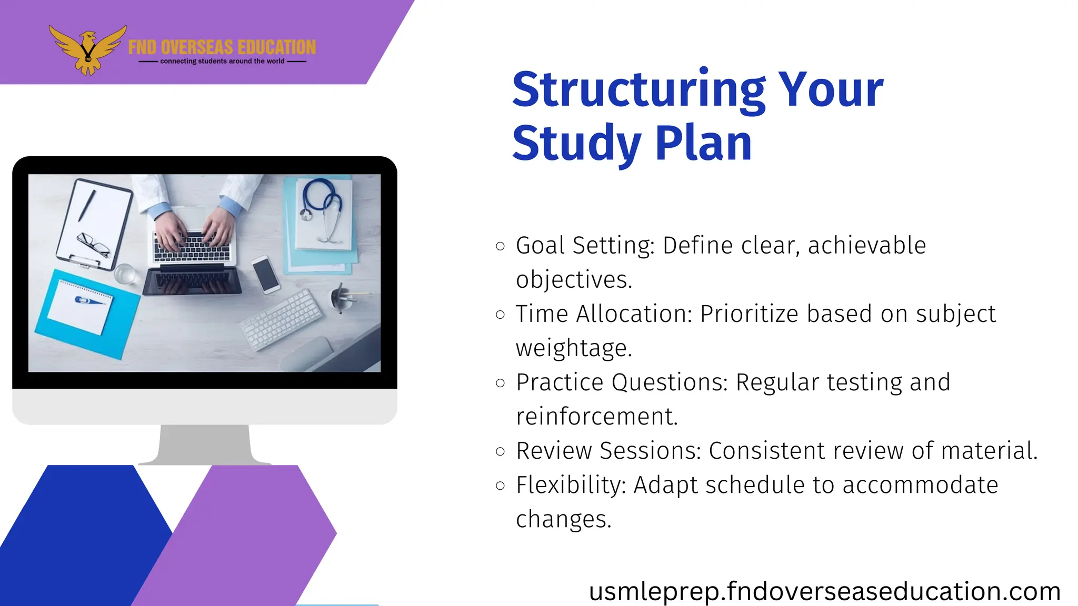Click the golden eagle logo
pyautogui.click(x=88, y=50)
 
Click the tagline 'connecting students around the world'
pyautogui.click(x=222, y=62)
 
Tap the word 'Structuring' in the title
pyautogui.click(x=638, y=90)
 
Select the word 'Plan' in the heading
pyautogui.click(x=703, y=143)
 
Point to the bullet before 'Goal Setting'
pyautogui.click(x=501, y=246)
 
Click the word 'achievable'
pyautogui.click(x=866, y=246)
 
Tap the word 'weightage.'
pyautogui.click(x=574, y=348)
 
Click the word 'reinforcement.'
pyautogui.click(x=597, y=417)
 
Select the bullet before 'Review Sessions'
pyautogui.click(x=501, y=451)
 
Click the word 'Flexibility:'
pyautogui.click(x=571, y=485)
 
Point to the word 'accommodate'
pyautogui.click(x=920, y=485)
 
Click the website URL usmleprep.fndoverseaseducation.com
pyautogui.click(x=824, y=591)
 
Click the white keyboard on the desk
pyautogui.click(x=281, y=320)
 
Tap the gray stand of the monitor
pyautogui.click(x=204, y=445)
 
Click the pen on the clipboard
pyautogui.click(x=87, y=206)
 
